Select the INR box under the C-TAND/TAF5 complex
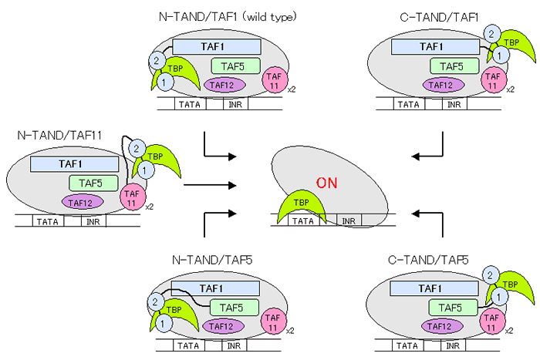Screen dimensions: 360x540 tap(454, 347)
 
